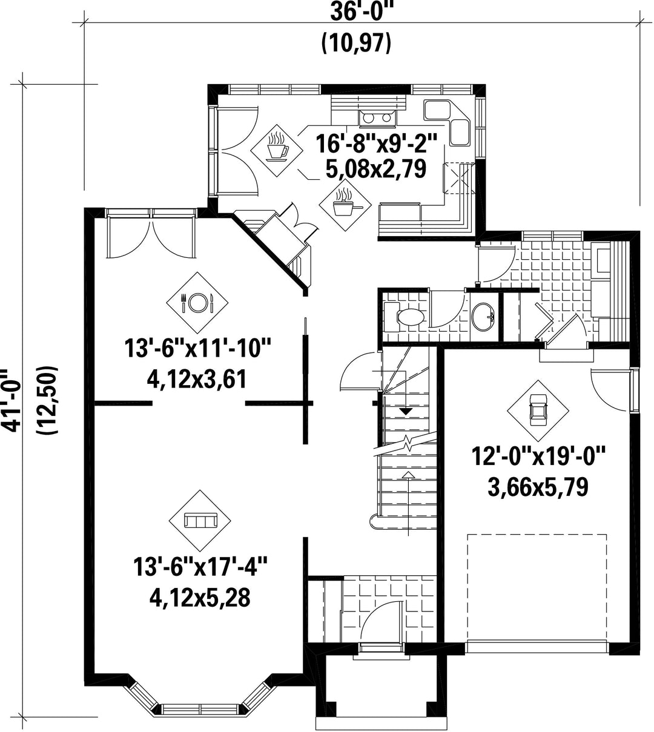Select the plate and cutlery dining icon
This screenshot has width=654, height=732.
197,302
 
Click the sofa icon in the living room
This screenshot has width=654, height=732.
200,521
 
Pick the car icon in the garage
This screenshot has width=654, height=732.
538,411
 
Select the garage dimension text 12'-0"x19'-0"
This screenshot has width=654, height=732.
538,457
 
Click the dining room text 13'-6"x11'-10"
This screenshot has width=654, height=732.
197,348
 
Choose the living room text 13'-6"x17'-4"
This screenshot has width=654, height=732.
200,567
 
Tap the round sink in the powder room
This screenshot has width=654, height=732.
483,317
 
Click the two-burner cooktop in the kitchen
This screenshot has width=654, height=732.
377,118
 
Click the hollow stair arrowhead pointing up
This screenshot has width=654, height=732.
409,475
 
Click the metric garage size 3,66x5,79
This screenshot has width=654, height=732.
538,487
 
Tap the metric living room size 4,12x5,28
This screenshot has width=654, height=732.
200,597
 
